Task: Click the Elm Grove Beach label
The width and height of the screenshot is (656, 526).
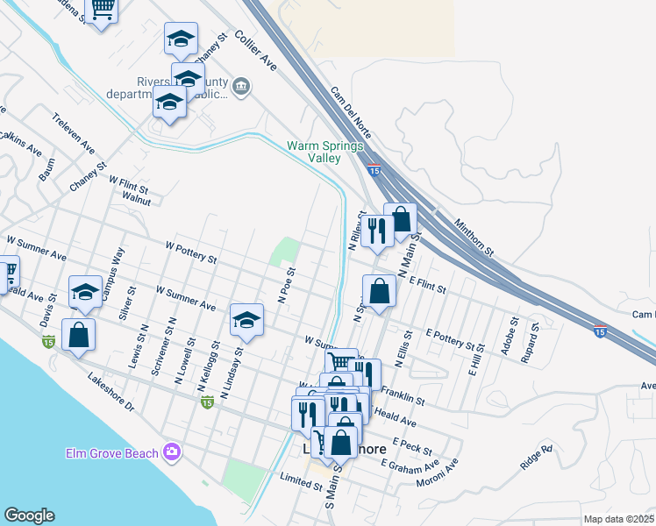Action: point(112,453)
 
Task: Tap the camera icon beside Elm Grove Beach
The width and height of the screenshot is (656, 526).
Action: point(172,452)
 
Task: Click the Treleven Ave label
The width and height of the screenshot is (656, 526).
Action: point(73,133)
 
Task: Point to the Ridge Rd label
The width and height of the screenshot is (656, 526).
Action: point(536,458)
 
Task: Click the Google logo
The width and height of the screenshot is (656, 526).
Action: point(30,516)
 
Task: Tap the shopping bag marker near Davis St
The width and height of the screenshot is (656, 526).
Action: point(78,336)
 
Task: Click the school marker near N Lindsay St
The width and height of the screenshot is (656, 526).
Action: point(247,321)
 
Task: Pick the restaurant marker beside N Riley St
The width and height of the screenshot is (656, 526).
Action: point(377,231)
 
